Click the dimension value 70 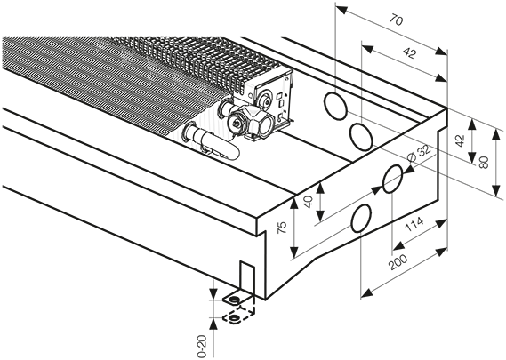[x=397, y=20]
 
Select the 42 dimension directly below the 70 [x=409, y=53]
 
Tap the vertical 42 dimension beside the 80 [x=461, y=140]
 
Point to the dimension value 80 [x=484, y=163]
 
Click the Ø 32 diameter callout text [x=419, y=154]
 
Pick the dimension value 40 [x=309, y=202]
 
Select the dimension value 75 [x=282, y=228]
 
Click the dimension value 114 [x=414, y=225]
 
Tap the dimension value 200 [x=398, y=261]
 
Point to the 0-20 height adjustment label [x=202, y=347]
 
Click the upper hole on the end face [x=392, y=179]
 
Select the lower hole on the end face [x=361, y=218]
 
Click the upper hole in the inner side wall [x=335, y=106]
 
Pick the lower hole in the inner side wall [x=361, y=137]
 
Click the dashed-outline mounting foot [x=238, y=316]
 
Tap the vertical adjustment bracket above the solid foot [x=247, y=276]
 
